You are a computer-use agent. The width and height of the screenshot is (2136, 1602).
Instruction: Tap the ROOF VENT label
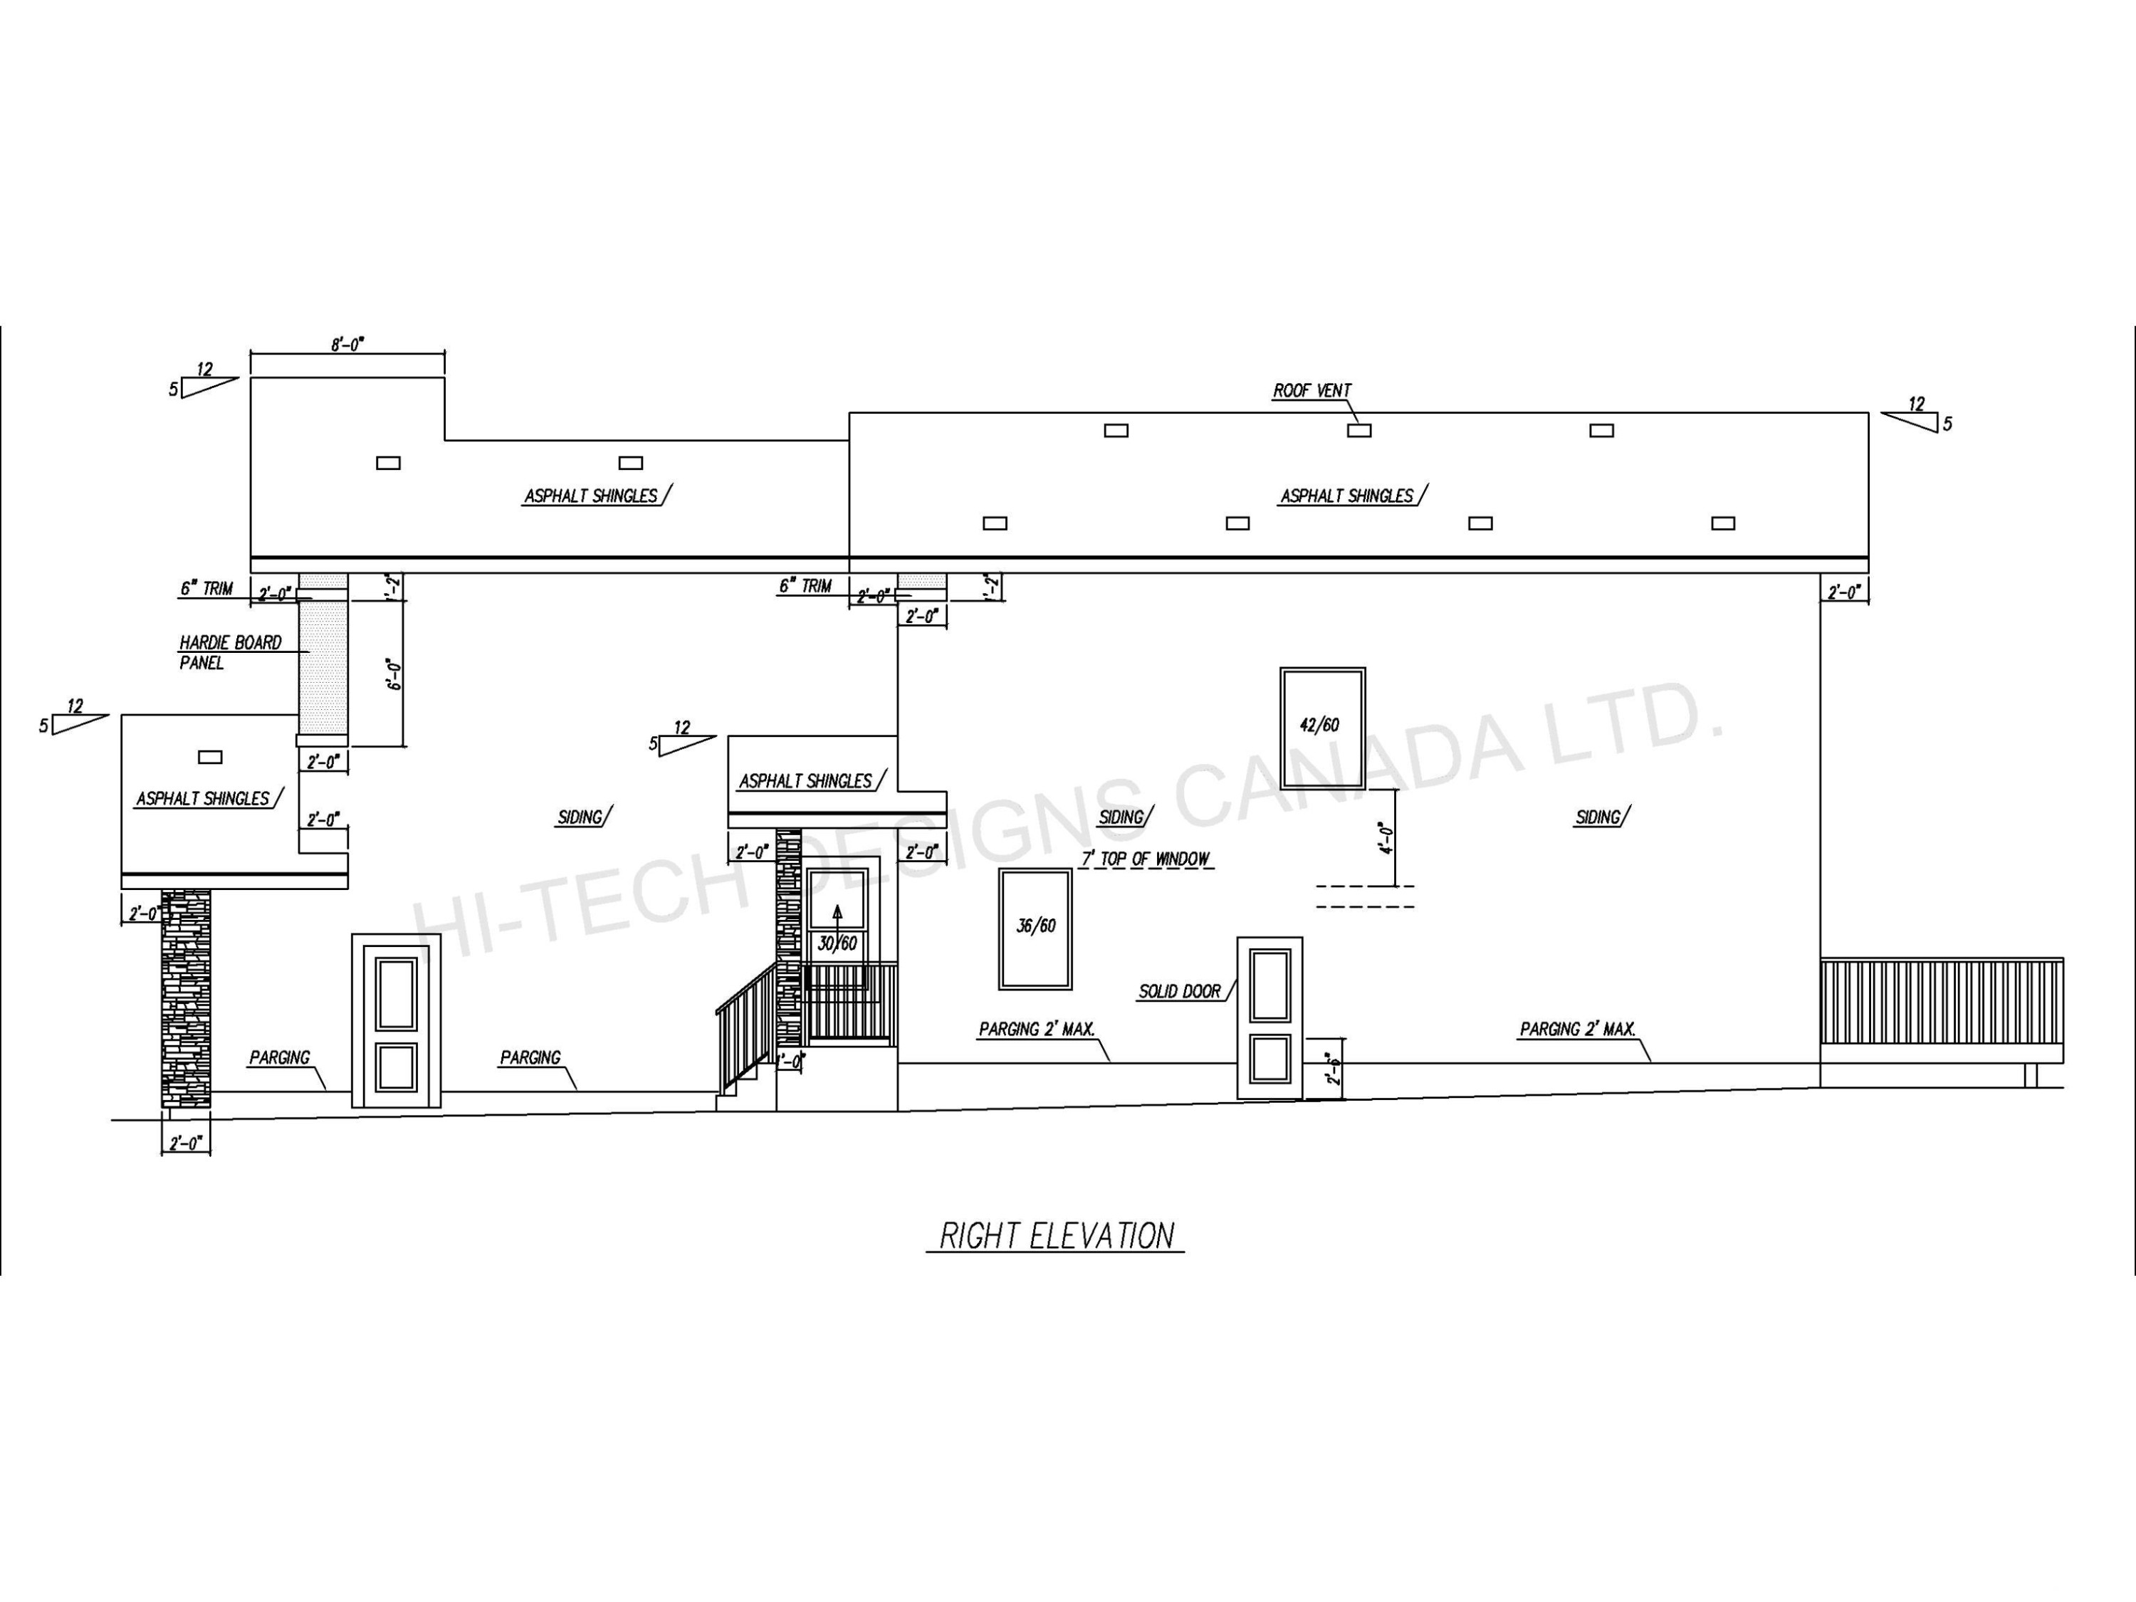coord(1312,391)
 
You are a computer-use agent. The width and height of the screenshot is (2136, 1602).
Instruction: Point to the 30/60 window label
coord(837,944)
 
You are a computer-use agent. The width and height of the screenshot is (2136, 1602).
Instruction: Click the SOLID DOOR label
coord(1179,992)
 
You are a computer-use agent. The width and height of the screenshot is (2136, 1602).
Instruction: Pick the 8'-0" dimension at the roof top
coord(347,345)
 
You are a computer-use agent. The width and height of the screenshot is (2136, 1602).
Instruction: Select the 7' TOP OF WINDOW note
coord(1145,859)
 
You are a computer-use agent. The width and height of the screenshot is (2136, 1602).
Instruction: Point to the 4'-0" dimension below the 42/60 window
coord(1386,838)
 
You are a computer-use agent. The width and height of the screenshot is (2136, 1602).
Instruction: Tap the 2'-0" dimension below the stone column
coord(185,1144)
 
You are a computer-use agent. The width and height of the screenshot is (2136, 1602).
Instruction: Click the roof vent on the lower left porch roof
coord(209,757)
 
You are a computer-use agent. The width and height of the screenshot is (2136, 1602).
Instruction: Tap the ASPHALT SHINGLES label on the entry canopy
coord(805,781)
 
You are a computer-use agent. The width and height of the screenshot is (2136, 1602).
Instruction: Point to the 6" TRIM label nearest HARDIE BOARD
coord(206,589)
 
